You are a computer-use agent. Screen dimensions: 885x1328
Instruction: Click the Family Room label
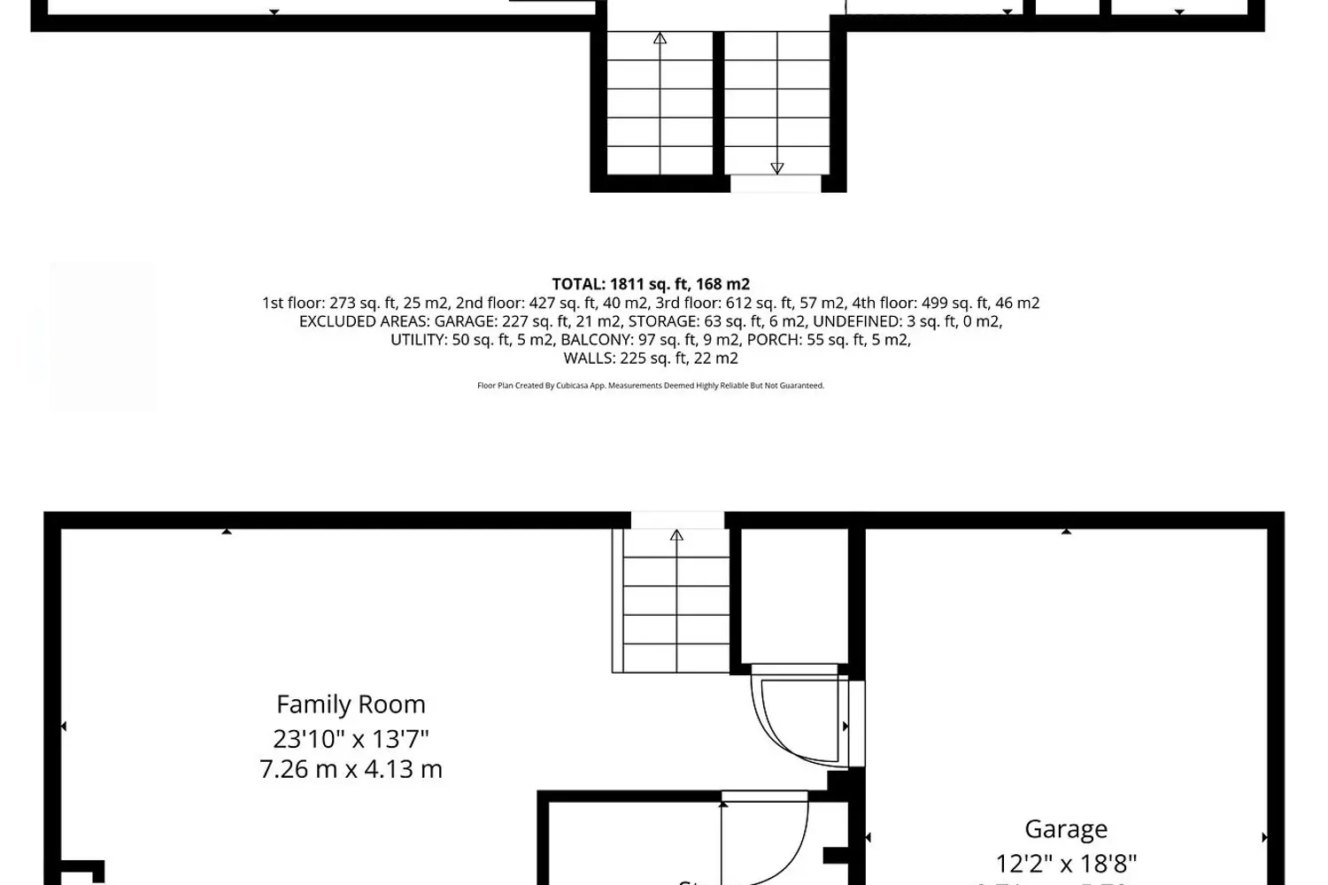351,704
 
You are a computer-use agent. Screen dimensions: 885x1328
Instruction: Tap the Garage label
1066,829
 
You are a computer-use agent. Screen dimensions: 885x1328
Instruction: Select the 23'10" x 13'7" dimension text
351,738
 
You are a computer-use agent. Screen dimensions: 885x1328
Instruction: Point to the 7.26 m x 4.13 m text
351,769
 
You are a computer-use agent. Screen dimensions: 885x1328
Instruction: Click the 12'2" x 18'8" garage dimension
1066,863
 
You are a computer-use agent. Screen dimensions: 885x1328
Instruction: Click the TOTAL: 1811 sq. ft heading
651,284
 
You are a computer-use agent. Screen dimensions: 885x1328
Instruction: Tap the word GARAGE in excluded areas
464,321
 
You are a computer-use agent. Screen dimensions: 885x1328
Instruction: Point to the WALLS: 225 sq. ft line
651,358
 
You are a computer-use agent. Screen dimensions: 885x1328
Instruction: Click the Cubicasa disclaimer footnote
651,386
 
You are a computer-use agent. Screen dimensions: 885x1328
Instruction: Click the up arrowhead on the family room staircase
676,535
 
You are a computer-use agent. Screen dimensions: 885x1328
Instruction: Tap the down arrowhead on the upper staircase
777,168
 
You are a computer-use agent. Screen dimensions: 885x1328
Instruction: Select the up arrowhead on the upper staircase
660,39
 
